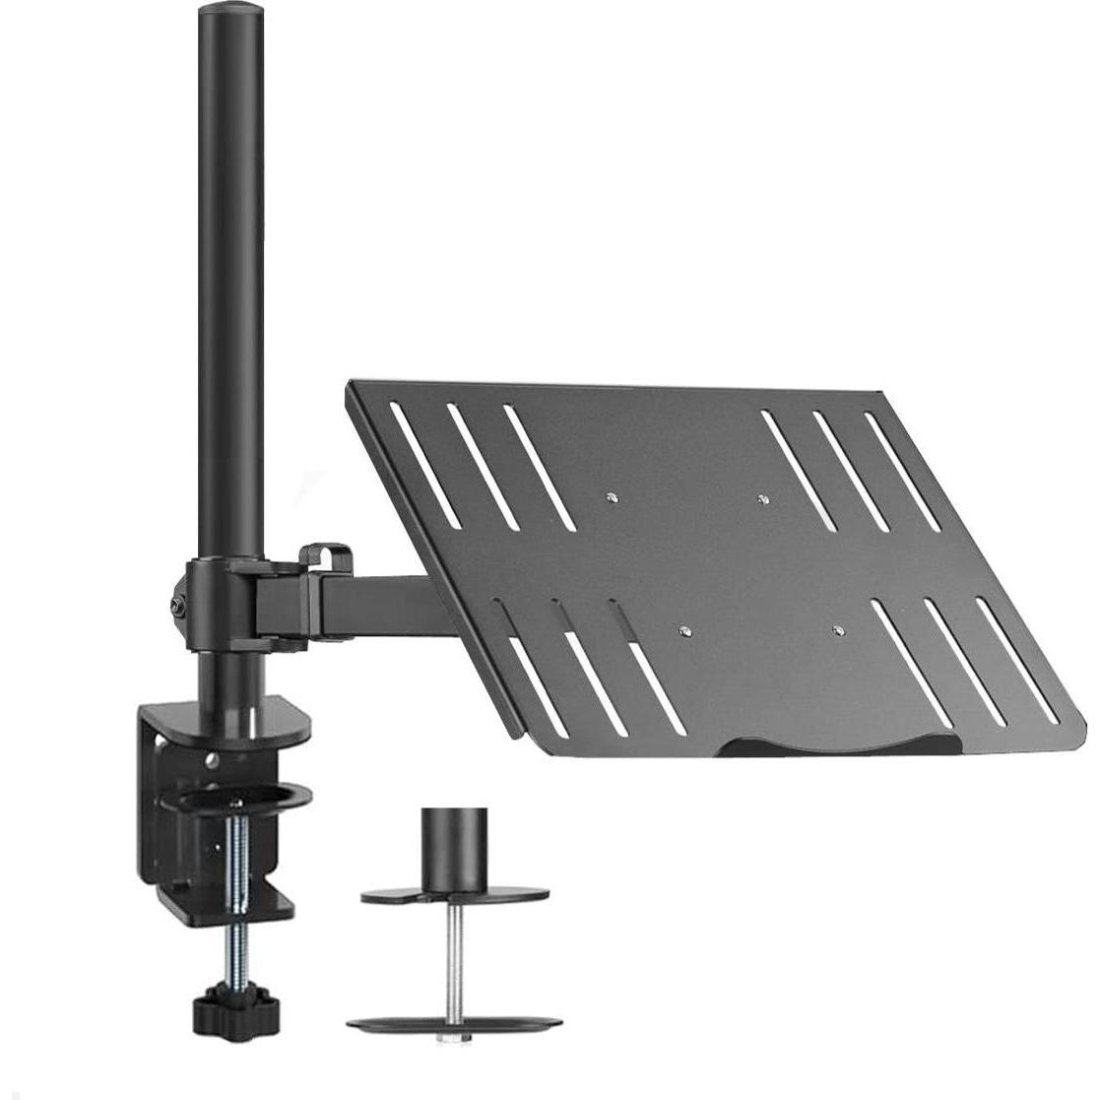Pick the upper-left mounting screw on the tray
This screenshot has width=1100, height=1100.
coord(612,496)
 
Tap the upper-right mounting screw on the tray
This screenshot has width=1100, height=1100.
coord(761,499)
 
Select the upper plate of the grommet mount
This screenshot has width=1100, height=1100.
coord(455,896)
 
